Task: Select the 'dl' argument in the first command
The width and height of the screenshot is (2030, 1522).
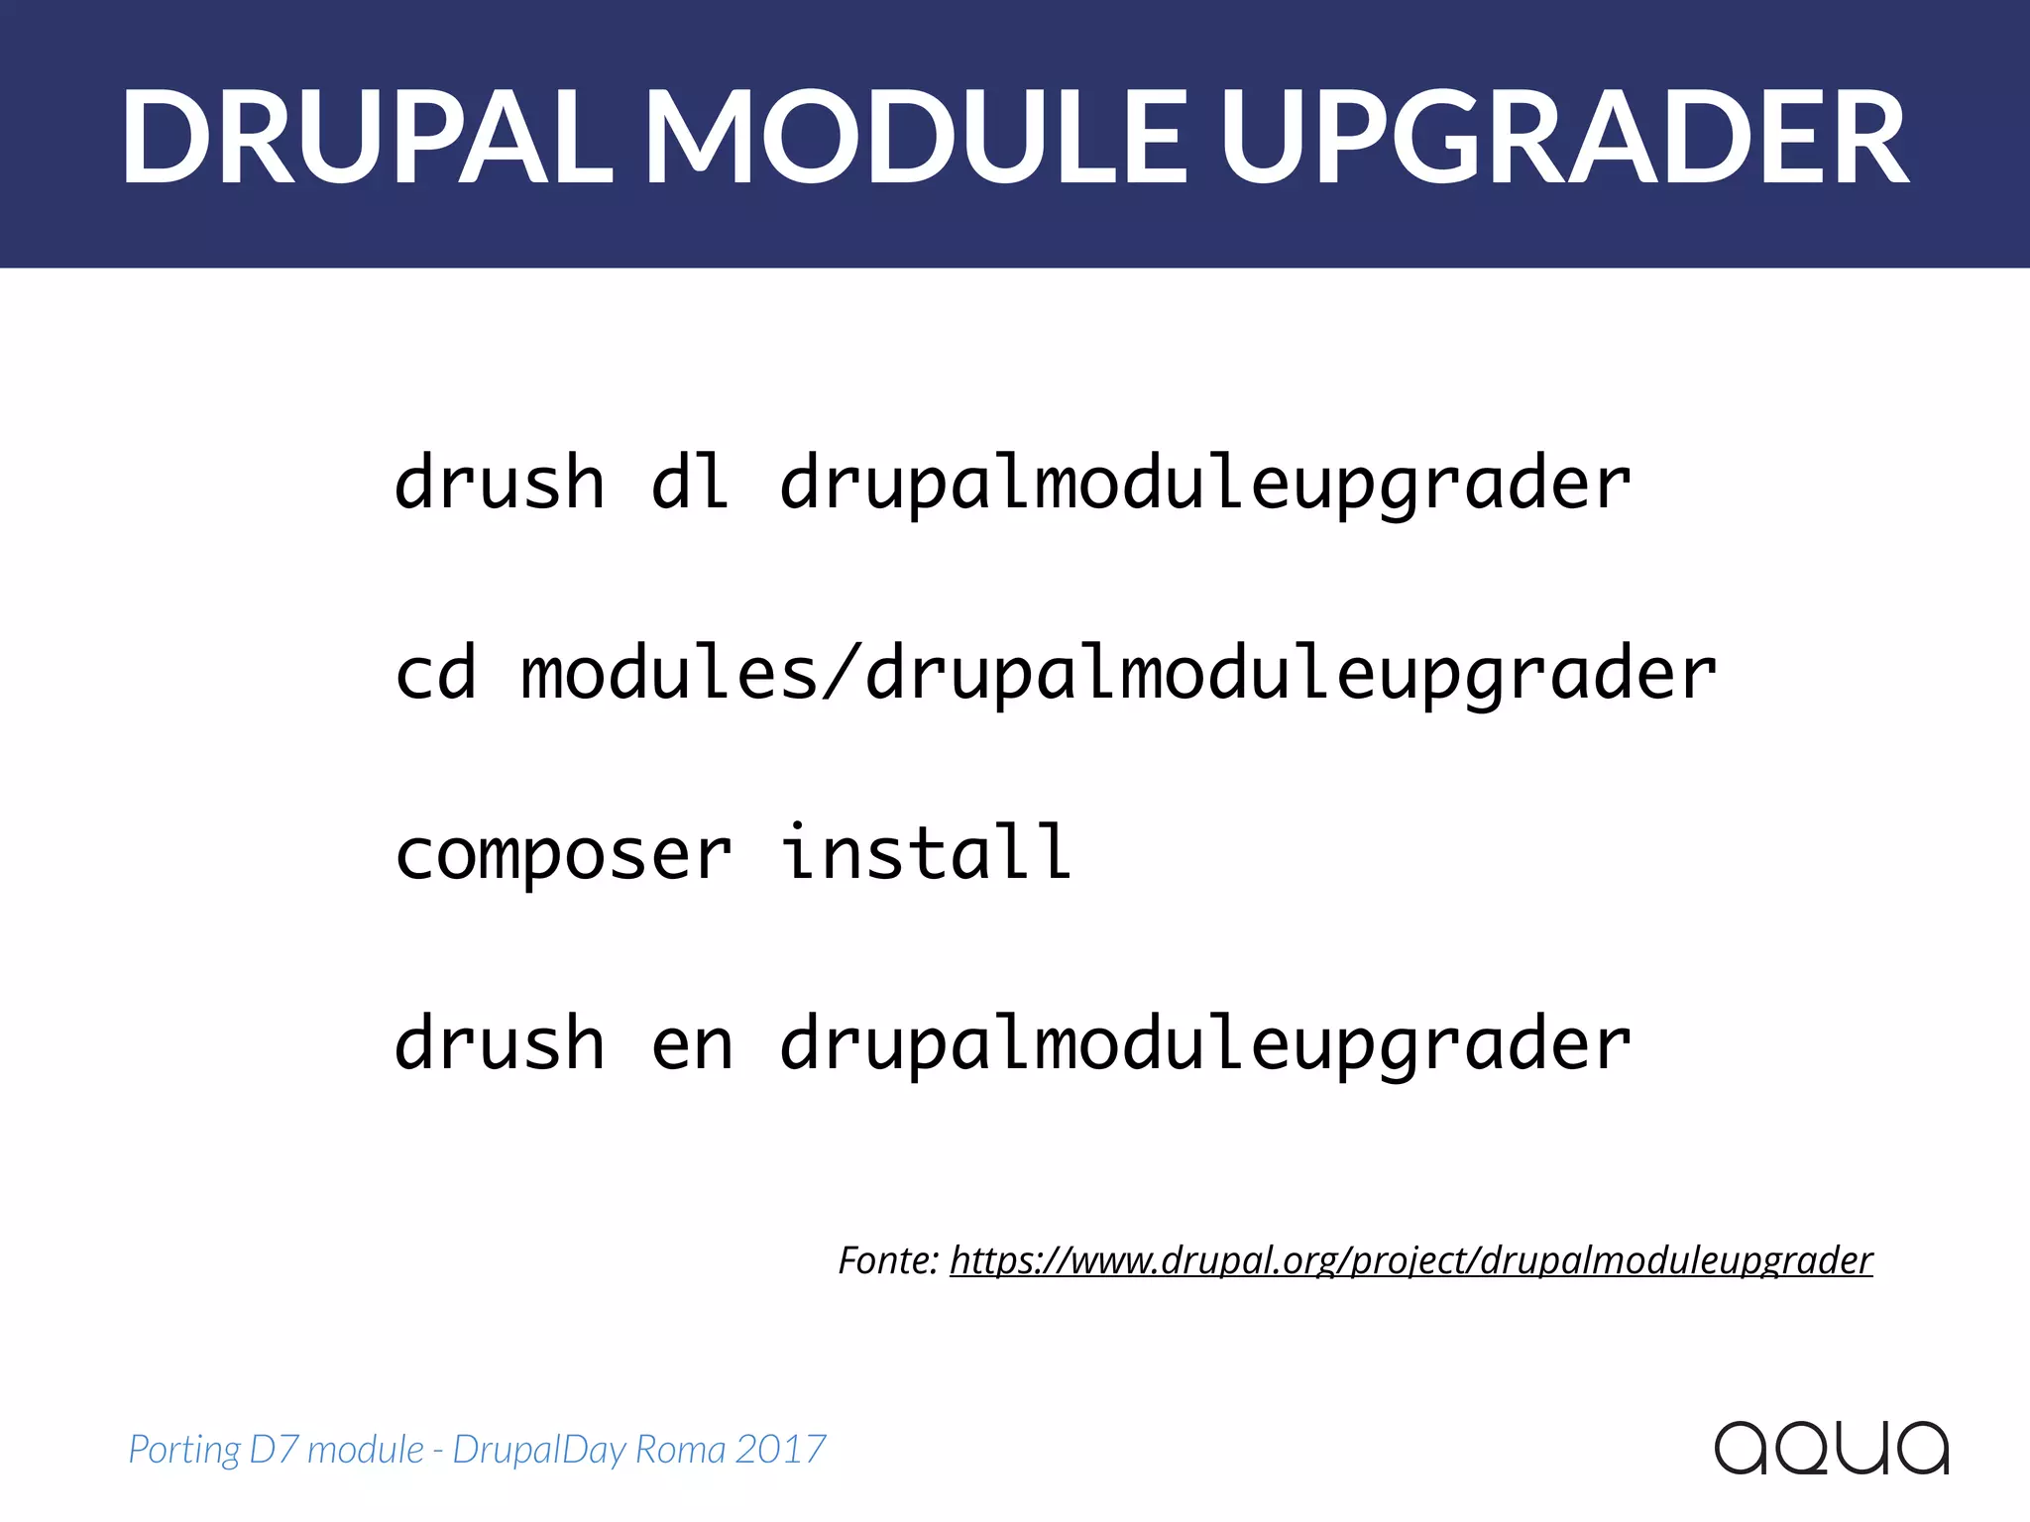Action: tap(691, 483)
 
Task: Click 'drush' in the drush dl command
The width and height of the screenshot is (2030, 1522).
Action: tap(500, 483)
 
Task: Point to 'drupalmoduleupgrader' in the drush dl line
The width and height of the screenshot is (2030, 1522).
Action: tap(1204, 483)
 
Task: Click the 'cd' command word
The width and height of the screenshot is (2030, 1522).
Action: tap(436, 673)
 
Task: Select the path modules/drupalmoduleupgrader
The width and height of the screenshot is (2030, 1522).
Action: tap(1119, 673)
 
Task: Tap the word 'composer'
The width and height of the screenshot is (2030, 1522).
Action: tap(563, 854)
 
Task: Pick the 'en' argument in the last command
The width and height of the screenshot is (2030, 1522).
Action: tap(692, 1045)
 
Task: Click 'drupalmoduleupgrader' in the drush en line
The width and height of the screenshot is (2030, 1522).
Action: tap(1204, 1045)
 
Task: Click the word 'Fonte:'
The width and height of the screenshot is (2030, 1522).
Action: tap(888, 1260)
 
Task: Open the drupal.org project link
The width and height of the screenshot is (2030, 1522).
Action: tap(1410, 1260)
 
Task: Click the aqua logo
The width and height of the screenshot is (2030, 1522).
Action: tap(1832, 1449)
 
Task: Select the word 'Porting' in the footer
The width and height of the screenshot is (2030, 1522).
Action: tap(184, 1450)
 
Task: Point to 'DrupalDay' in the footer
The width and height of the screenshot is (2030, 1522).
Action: tap(538, 1450)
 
